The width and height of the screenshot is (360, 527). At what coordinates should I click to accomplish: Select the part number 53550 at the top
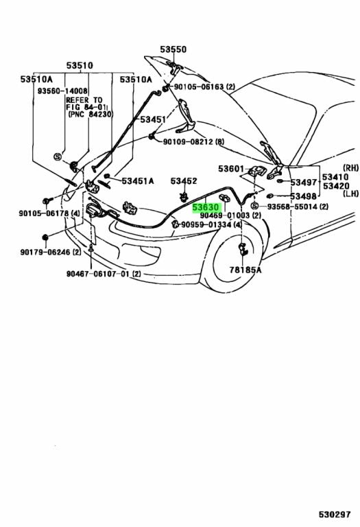[173, 49]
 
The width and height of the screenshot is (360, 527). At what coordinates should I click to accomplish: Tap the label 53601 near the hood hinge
[232, 169]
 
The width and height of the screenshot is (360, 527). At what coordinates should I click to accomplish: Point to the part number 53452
[184, 181]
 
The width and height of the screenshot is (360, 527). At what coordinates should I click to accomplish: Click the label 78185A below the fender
[245, 270]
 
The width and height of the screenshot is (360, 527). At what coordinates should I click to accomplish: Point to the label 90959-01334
[206, 224]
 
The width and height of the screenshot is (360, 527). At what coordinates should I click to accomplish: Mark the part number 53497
[303, 183]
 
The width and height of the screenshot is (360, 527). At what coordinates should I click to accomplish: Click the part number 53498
[303, 196]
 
